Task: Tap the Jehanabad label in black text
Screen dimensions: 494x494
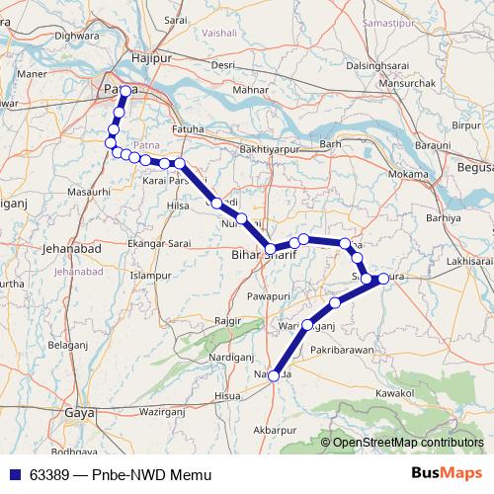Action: click(x=70, y=250)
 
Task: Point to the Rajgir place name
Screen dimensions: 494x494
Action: click(x=227, y=321)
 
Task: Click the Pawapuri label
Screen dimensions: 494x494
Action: click(x=271, y=295)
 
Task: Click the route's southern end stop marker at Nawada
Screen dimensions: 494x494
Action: click(x=274, y=374)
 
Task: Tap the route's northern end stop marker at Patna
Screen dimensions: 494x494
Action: click(x=126, y=91)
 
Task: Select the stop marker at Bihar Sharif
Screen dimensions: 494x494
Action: click(x=270, y=249)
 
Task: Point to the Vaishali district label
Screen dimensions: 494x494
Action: click(x=219, y=32)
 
